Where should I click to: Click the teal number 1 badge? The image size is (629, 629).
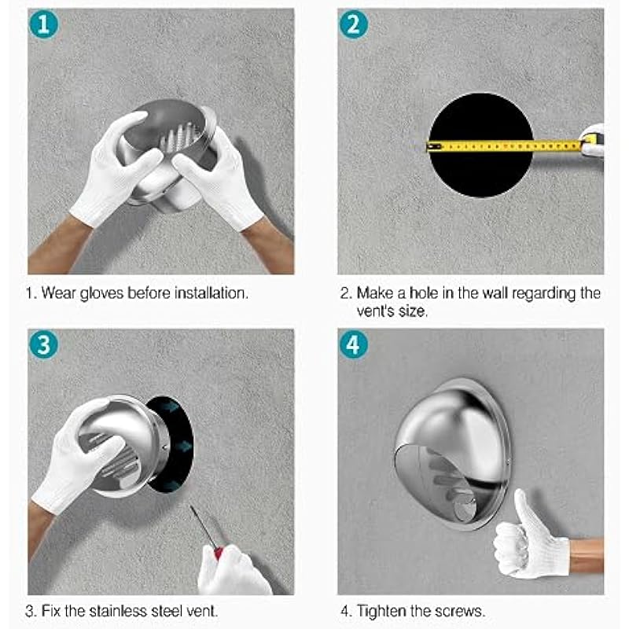pyautogui.click(x=44, y=24)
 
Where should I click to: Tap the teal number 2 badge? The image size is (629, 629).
pyautogui.click(x=353, y=24)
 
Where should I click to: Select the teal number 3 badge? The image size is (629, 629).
pyautogui.click(x=44, y=344)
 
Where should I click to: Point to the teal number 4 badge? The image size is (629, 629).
pyautogui.click(x=353, y=344)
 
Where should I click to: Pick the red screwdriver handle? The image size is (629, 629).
pyautogui.click(x=219, y=554)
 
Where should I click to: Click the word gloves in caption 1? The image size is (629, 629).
pyautogui.click(x=101, y=293)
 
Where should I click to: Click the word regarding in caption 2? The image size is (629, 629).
pyautogui.click(x=544, y=294)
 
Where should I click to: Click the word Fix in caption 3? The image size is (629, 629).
pyautogui.click(x=51, y=611)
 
